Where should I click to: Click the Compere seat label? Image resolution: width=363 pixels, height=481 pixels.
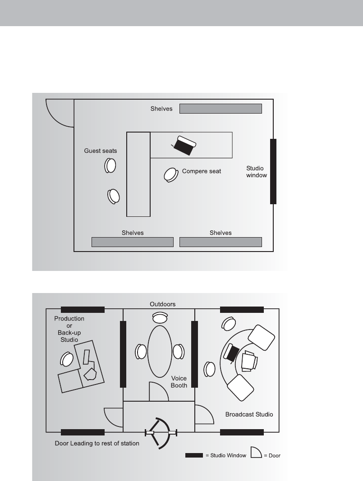[x=201, y=171]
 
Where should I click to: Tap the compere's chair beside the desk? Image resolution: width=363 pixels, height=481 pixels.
[x=170, y=174]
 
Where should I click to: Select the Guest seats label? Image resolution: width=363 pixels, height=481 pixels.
[x=101, y=151]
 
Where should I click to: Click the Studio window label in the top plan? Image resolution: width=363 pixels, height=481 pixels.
[x=257, y=172]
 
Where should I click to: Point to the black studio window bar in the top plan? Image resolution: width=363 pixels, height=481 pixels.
[x=273, y=171]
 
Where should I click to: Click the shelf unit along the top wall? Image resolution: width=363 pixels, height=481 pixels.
[x=221, y=109]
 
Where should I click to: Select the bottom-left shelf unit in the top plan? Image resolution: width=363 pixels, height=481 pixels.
[x=133, y=242]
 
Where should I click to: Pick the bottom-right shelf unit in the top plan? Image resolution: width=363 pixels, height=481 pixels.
[x=221, y=242]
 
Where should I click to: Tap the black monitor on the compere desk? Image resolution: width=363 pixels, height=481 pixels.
[x=184, y=146]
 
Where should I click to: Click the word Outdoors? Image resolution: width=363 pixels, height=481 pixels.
[x=162, y=304]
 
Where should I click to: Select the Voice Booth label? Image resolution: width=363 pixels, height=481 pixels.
[x=179, y=382]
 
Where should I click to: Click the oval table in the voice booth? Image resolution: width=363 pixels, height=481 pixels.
[x=160, y=351]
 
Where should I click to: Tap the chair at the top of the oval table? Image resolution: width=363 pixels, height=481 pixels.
[x=160, y=318]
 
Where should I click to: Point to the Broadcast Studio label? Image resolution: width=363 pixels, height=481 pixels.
[x=249, y=414]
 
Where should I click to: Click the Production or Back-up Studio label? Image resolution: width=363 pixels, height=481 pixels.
[x=69, y=329]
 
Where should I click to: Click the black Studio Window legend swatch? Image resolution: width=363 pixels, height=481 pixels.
[x=194, y=455]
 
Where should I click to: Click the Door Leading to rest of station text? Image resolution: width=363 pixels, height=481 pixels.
[x=96, y=444]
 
